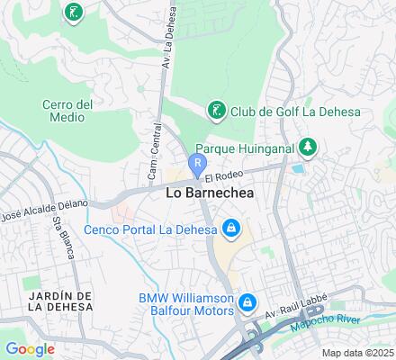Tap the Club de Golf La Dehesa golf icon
(217, 111)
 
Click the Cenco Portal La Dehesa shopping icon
(231, 229)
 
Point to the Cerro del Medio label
(67, 111)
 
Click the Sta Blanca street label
(62, 237)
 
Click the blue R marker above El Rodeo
(198, 161)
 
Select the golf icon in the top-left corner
(71, 12)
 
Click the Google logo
(30, 348)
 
